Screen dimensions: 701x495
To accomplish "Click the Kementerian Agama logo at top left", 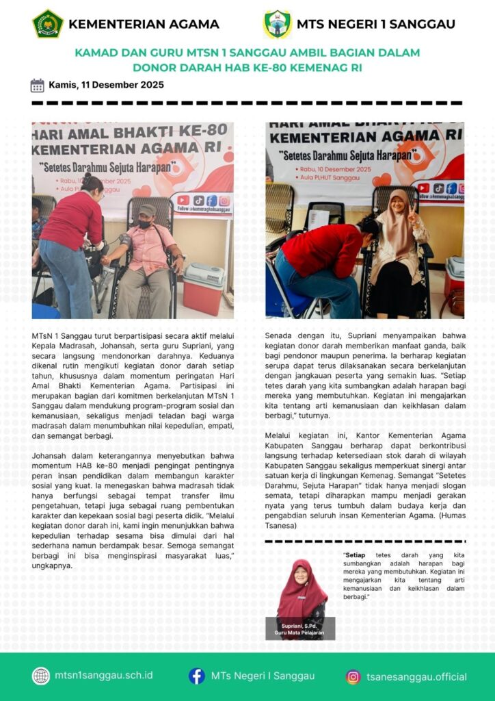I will [x=47, y=24].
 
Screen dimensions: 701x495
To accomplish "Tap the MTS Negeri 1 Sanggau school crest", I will [x=278, y=24].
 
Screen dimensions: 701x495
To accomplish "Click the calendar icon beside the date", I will [x=38, y=86].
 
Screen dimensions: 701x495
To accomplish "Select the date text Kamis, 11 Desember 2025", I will [x=106, y=86].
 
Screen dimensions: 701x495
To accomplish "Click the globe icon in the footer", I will [x=41, y=676].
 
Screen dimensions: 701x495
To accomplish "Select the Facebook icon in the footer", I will [x=197, y=676].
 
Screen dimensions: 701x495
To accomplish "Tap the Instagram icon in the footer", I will [x=353, y=677].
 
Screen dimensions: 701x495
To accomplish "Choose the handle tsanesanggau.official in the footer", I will [x=416, y=677].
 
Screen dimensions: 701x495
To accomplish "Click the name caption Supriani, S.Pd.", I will [x=299, y=626].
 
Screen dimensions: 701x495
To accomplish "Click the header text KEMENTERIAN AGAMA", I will [x=144, y=24].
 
